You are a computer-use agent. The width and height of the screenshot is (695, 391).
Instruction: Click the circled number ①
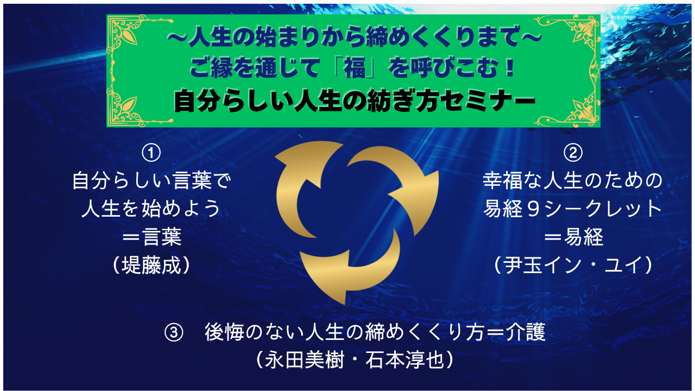tap(151, 153)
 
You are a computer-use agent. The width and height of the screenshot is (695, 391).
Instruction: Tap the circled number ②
tap(573, 153)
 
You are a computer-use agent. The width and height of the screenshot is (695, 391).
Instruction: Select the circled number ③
tap(174, 332)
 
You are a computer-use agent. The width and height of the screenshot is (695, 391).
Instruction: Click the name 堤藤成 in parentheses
tap(151, 266)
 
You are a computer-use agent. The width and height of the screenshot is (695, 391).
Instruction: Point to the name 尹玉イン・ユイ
tap(573, 266)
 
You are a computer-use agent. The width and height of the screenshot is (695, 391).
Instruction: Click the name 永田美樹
tap(304, 360)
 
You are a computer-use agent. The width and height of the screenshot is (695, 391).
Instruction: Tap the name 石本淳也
tap(405, 360)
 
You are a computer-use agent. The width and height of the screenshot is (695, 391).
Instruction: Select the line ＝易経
tap(573, 237)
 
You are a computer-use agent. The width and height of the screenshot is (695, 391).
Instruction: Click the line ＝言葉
tap(151, 237)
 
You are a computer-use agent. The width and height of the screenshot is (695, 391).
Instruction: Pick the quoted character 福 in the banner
tap(355, 68)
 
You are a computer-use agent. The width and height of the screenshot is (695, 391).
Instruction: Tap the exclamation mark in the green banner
tap(509, 68)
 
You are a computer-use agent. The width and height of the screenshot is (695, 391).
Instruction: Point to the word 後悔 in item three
tap(224, 332)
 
